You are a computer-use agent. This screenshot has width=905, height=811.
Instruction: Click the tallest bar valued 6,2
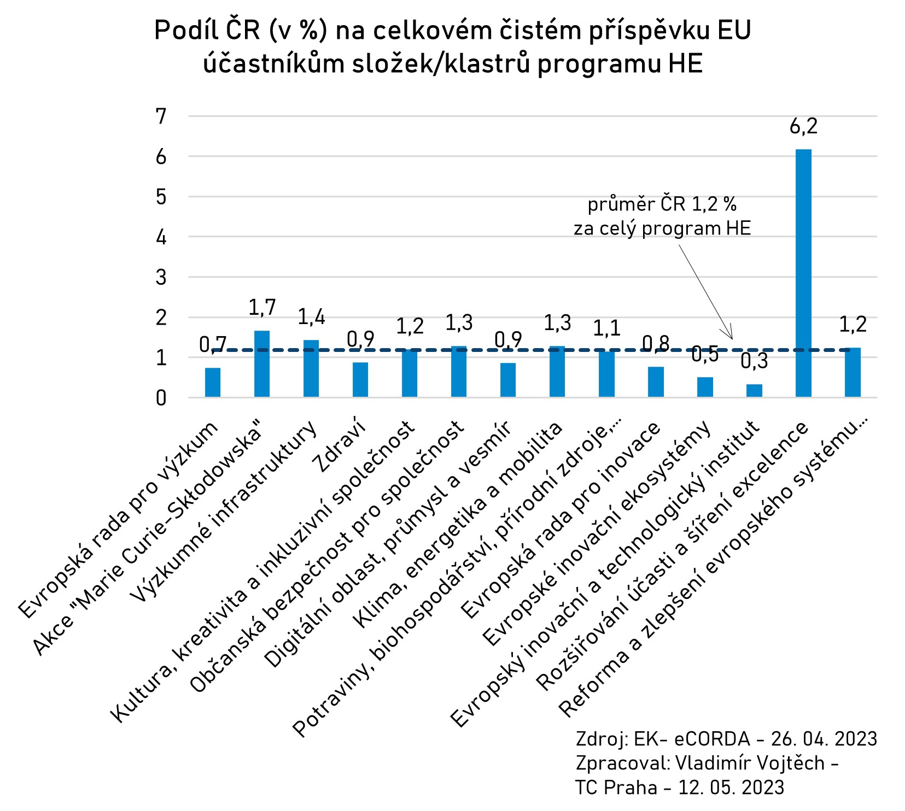click(x=803, y=273)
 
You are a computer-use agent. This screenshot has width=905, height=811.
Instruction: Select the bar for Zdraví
click(x=360, y=379)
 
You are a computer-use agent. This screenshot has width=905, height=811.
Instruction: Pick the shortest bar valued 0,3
click(x=754, y=390)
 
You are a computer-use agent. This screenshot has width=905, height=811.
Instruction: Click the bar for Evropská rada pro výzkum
click(x=212, y=382)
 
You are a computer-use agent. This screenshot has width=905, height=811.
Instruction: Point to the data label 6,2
click(x=803, y=126)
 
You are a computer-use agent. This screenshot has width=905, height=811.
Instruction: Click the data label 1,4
click(x=311, y=317)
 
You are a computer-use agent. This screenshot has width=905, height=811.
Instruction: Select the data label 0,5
click(x=705, y=355)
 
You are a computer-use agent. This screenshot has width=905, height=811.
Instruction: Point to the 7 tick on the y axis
click(x=161, y=116)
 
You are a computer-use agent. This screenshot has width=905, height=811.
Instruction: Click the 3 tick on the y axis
click(x=161, y=277)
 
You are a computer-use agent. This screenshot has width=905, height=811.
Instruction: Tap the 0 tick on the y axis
click(x=161, y=398)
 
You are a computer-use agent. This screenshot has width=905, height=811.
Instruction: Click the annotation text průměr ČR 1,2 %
click(x=662, y=204)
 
